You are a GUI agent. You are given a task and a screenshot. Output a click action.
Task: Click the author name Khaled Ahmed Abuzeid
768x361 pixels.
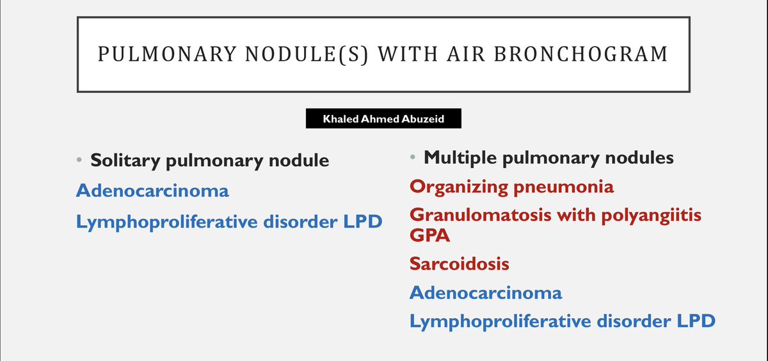383,119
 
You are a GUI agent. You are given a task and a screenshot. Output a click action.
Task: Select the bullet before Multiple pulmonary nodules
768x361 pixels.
413,157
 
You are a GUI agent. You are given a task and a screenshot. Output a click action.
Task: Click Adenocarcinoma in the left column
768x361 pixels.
152,190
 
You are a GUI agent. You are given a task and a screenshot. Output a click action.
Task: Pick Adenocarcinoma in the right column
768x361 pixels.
486,293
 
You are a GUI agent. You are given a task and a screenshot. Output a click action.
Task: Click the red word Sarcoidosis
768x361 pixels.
460,263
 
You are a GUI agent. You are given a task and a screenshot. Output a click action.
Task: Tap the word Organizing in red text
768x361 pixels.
463,187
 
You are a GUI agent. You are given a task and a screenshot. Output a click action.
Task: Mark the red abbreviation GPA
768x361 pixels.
430,236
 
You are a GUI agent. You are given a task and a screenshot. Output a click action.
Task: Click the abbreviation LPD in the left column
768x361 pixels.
360,222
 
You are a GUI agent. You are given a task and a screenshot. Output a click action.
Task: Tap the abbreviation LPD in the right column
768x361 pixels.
693,321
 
